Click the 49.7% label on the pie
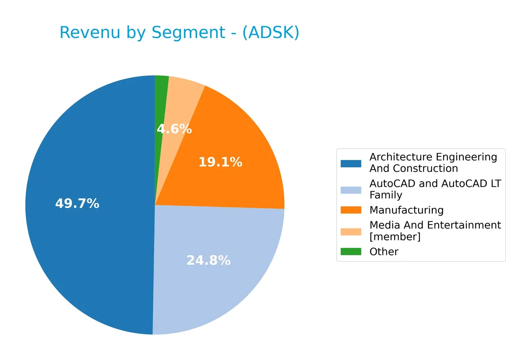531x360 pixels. [77, 204]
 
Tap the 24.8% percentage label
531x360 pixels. [208, 260]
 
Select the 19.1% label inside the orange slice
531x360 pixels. [220, 162]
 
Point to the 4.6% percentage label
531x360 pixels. [174, 129]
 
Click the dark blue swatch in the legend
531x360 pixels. [350, 163]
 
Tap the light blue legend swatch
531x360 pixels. [350, 190]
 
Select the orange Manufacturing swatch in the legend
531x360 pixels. [350, 210]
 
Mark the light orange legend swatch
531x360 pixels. [350, 231]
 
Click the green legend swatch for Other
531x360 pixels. [350, 252]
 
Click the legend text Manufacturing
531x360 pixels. [406, 210]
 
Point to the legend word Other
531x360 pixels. [384, 252]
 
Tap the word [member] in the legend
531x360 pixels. [395, 237]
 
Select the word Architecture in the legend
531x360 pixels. [401, 157]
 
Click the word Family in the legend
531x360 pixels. [385, 195]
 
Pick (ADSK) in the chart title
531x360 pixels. [270, 33]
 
